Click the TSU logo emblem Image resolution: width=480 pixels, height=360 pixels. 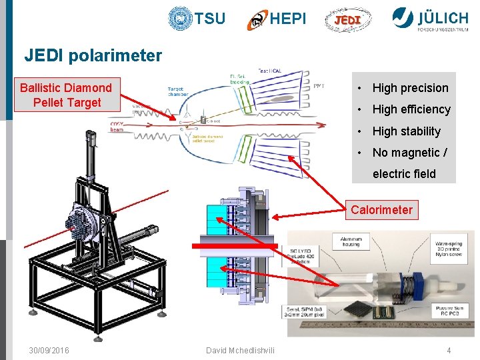180,19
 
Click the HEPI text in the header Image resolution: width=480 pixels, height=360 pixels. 288,19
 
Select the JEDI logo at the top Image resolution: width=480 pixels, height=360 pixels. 347,20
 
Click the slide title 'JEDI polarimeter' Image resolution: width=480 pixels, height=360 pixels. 93,55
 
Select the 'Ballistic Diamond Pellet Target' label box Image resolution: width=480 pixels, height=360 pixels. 66,95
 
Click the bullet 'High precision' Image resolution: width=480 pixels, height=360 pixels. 410,88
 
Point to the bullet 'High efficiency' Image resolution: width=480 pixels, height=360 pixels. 411,109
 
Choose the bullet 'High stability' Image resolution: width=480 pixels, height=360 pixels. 406,131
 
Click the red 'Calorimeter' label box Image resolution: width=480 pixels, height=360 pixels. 381,210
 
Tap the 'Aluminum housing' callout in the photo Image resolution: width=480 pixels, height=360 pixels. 351,241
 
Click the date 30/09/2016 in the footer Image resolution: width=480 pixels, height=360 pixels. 49,351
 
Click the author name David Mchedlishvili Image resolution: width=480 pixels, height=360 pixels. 239,351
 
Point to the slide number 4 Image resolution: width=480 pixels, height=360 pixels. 449,351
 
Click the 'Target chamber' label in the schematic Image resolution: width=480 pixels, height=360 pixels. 177,91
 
